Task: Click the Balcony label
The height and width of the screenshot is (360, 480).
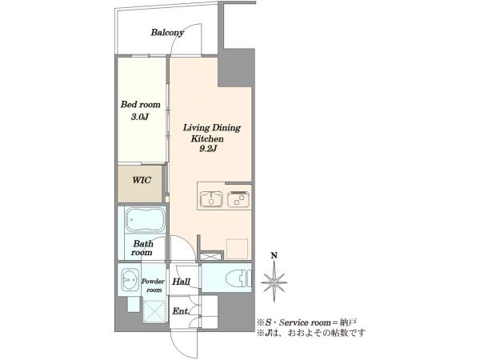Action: (x=167, y=33)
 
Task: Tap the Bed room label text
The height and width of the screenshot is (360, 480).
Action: (x=141, y=104)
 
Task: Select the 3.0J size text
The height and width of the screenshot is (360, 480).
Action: (x=140, y=117)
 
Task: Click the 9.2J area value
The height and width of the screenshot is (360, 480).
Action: (x=208, y=149)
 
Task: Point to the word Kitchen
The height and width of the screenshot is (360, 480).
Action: (x=207, y=138)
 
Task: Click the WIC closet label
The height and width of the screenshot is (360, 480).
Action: (x=142, y=180)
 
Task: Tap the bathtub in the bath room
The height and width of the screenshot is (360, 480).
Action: (x=146, y=220)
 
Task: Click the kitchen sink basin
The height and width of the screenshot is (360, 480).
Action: (x=211, y=199)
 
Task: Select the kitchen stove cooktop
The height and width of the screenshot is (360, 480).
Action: (x=238, y=199)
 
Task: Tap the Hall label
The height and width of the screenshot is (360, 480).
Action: (x=182, y=282)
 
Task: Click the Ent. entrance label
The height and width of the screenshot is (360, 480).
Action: (x=181, y=311)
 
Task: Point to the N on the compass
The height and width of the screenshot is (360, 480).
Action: (x=274, y=255)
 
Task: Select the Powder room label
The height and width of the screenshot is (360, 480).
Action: (x=153, y=286)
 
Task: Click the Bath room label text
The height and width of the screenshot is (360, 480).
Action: (x=142, y=248)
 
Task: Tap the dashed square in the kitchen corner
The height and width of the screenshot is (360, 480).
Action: (x=237, y=249)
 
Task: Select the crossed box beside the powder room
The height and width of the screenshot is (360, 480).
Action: (x=155, y=312)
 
